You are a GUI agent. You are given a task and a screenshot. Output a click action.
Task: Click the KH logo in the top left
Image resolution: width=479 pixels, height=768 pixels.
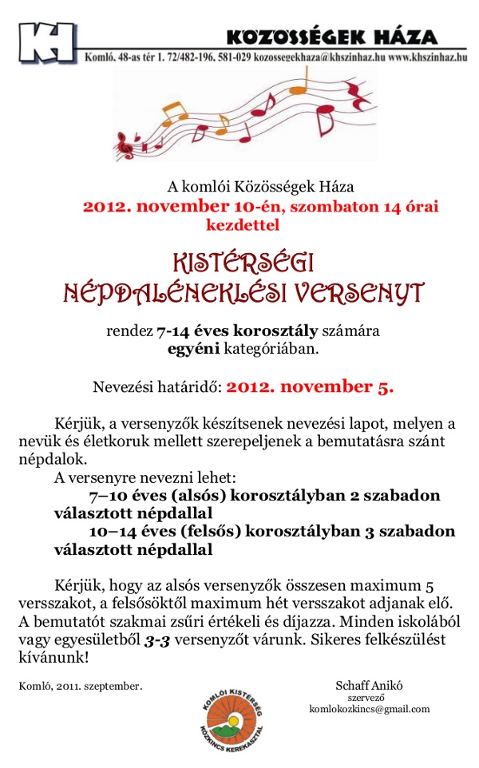click(x=48, y=42)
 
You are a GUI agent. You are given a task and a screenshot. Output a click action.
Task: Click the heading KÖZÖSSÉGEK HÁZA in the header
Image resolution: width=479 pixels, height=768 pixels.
click(x=331, y=37)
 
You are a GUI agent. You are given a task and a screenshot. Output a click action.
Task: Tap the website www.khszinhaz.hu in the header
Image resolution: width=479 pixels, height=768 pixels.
click(x=427, y=58)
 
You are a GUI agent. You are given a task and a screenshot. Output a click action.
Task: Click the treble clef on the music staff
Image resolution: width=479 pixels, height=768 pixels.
click(x=126, y=145)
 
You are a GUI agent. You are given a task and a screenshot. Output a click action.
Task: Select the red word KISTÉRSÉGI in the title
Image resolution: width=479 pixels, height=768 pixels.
click(x=243, y=263)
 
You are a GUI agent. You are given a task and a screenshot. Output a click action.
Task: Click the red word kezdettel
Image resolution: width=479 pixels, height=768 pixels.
click(x=243, y=224)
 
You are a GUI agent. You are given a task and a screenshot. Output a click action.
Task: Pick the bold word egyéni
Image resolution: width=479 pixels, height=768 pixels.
click(x=186, y=348)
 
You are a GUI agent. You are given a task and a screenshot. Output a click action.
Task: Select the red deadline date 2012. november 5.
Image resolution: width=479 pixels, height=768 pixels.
click(x=310, y=388)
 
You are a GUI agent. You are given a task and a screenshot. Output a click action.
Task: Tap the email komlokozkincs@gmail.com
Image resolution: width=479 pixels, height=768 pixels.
click(x=369, y=709)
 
